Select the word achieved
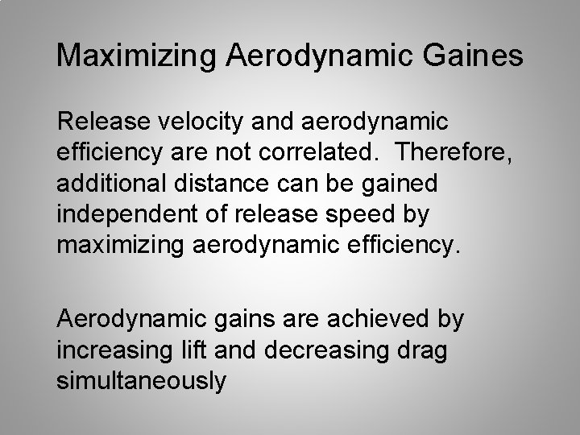374,320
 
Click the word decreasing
342,350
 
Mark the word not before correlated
271,152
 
